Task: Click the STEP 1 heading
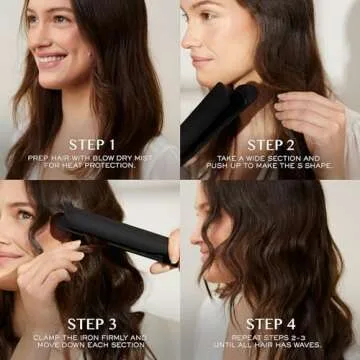(x=91, y=144)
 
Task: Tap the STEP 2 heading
(x=271, y=144)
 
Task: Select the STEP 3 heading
(x=91, y=323)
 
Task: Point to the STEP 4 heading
(x=271, y=323)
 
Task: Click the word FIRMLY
(x=118, y=338)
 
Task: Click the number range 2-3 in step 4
(x=299, y=338)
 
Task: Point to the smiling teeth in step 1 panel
(x=50, y=58)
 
